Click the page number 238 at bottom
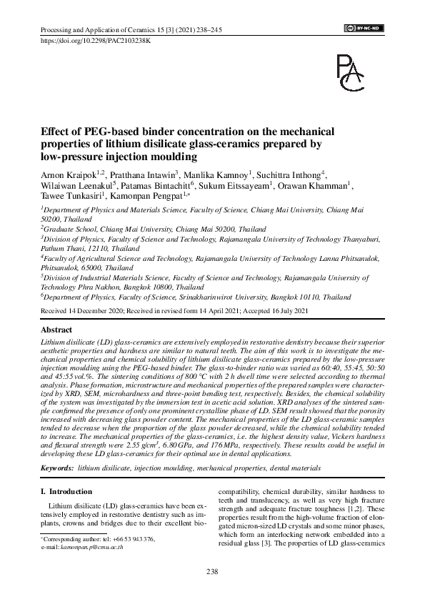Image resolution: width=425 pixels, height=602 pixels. (212, 571)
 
